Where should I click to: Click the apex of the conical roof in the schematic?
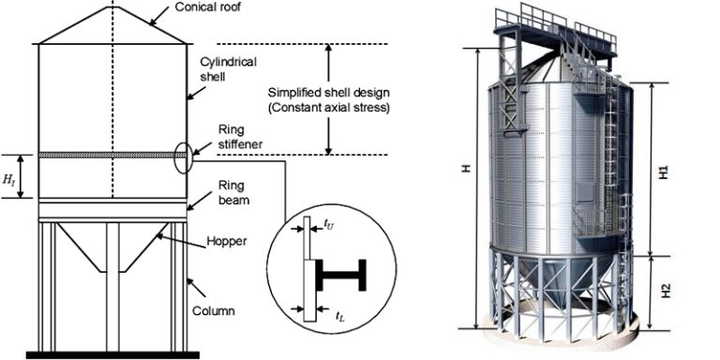coord(112,7)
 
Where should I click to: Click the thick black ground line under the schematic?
coord(112,354)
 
